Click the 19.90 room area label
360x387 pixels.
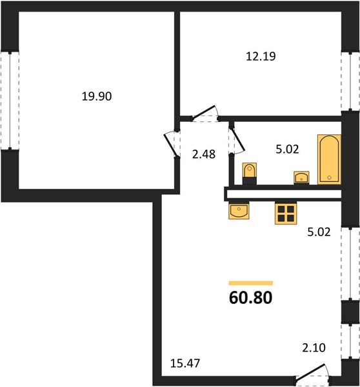pyautogui.click(x=97, y=96)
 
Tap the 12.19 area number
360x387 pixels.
pyautogui.click(x=261, y=56)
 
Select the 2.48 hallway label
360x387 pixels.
pyautogui.click(x=204, y=154)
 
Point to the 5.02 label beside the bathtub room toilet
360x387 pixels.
pyautogui.click(x=287, y=149)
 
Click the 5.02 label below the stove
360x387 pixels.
pyautogui.click(x=319, y=232)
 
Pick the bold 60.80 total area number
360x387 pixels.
pyautogui.click(x=250, y=297)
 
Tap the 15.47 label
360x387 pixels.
pyautogui.click(x=185, y=363)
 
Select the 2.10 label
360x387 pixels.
pyautogui.click(x=314, y=348)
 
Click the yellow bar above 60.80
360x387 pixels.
pyautogui.click(x=250, y=283)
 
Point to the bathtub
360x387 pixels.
pyautogui.click(x=329, y=159)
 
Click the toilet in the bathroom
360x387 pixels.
pyautogui.click(x=250, y=174)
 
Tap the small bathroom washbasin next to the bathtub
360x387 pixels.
pyautogui.click(x=301, y=177)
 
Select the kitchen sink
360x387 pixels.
pyautogui.click(x=239, y=210)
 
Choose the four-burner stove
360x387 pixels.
pyautogui.click(x=286, y=213)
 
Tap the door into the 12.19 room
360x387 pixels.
pyautogui.click(x=205, y=114)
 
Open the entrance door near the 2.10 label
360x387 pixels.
pyautogui.click(x=313, y=373)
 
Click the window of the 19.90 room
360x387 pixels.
pyautogui.click(x=10, y=101)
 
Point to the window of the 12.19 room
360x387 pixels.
pyautogui.click(x=350, y=81)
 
